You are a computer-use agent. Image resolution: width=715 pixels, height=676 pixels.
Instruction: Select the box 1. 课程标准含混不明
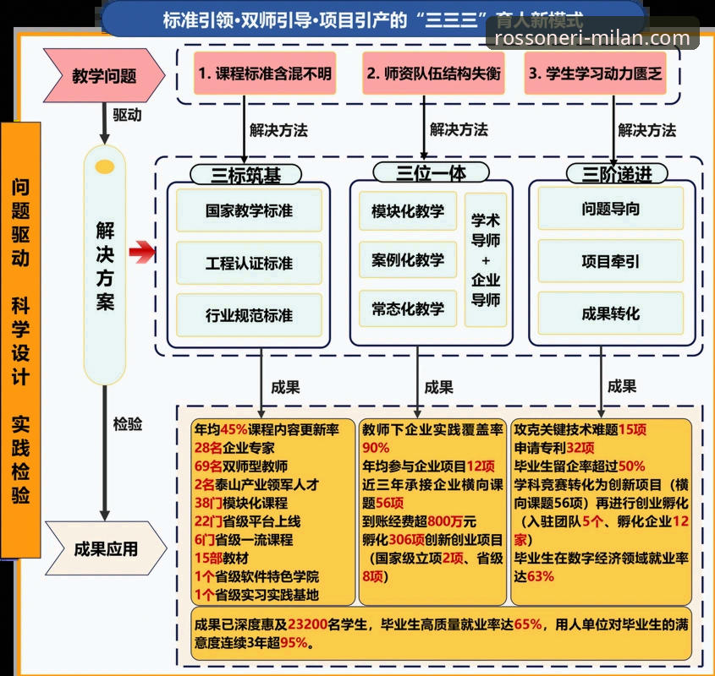(264, 74)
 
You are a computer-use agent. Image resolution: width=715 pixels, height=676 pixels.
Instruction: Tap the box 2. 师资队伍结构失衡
(432, 74)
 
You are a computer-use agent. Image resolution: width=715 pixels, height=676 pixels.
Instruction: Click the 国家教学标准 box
(249, 210)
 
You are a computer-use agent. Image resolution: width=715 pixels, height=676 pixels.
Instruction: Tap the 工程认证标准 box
(249, 263)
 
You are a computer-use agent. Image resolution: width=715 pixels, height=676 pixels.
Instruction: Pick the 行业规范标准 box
(249, 315)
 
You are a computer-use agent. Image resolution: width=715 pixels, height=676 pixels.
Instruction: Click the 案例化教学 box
(407, 259)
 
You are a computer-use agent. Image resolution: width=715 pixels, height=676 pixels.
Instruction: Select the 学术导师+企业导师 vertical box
(485, 260)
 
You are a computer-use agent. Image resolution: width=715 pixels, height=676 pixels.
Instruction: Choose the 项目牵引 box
(610, 261)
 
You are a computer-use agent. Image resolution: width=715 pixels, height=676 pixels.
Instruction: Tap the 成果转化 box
(610, 313)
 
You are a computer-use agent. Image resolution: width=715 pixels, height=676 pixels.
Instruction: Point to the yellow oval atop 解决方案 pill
(105, 167)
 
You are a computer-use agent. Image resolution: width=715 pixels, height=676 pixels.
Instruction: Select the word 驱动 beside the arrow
(127, 115)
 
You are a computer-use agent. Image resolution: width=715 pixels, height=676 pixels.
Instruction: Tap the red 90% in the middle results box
(376, 448)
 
